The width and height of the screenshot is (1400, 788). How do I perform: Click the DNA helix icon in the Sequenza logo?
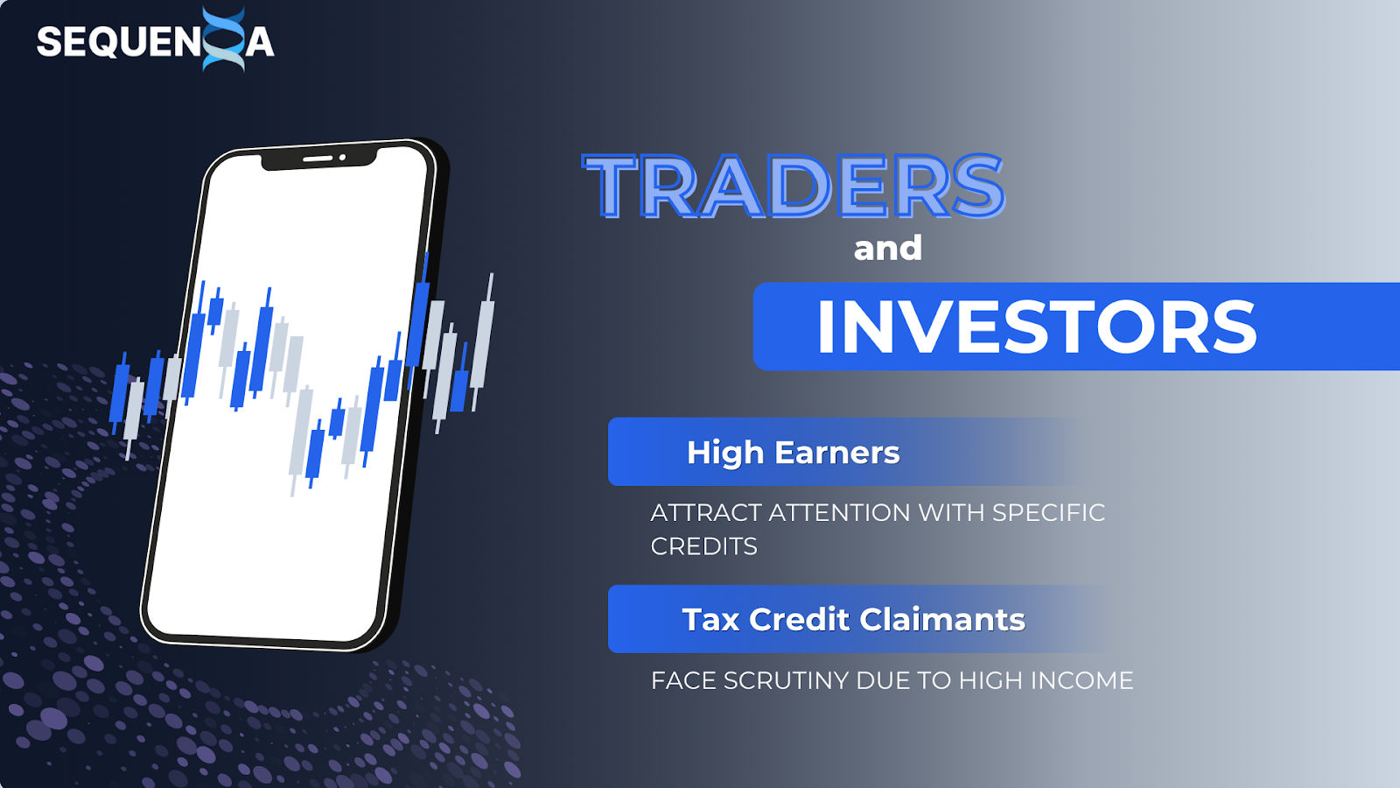coord(224,39)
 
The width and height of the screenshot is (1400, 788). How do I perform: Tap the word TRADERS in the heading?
coord(794,186)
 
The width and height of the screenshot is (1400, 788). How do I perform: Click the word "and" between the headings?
coord(887,249)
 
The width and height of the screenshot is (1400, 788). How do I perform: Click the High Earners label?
coord(793,452)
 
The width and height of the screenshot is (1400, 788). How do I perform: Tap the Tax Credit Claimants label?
coord(854,620)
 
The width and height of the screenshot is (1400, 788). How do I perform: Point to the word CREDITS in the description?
coord(703,546)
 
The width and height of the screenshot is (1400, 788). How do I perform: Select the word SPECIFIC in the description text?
coord(1049,513)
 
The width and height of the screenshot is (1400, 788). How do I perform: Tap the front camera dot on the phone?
coord(342,158)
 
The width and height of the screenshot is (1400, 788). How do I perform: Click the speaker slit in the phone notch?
coord(318,158)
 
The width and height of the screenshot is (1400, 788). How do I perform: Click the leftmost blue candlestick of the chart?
coord(119,393)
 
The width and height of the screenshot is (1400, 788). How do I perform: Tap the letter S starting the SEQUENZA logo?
coord(50,43)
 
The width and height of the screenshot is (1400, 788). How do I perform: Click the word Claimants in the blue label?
coord(942,620)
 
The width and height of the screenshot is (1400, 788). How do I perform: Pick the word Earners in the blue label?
coord(837,452)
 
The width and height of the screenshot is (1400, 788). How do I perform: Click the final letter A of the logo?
coord(259,43)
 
